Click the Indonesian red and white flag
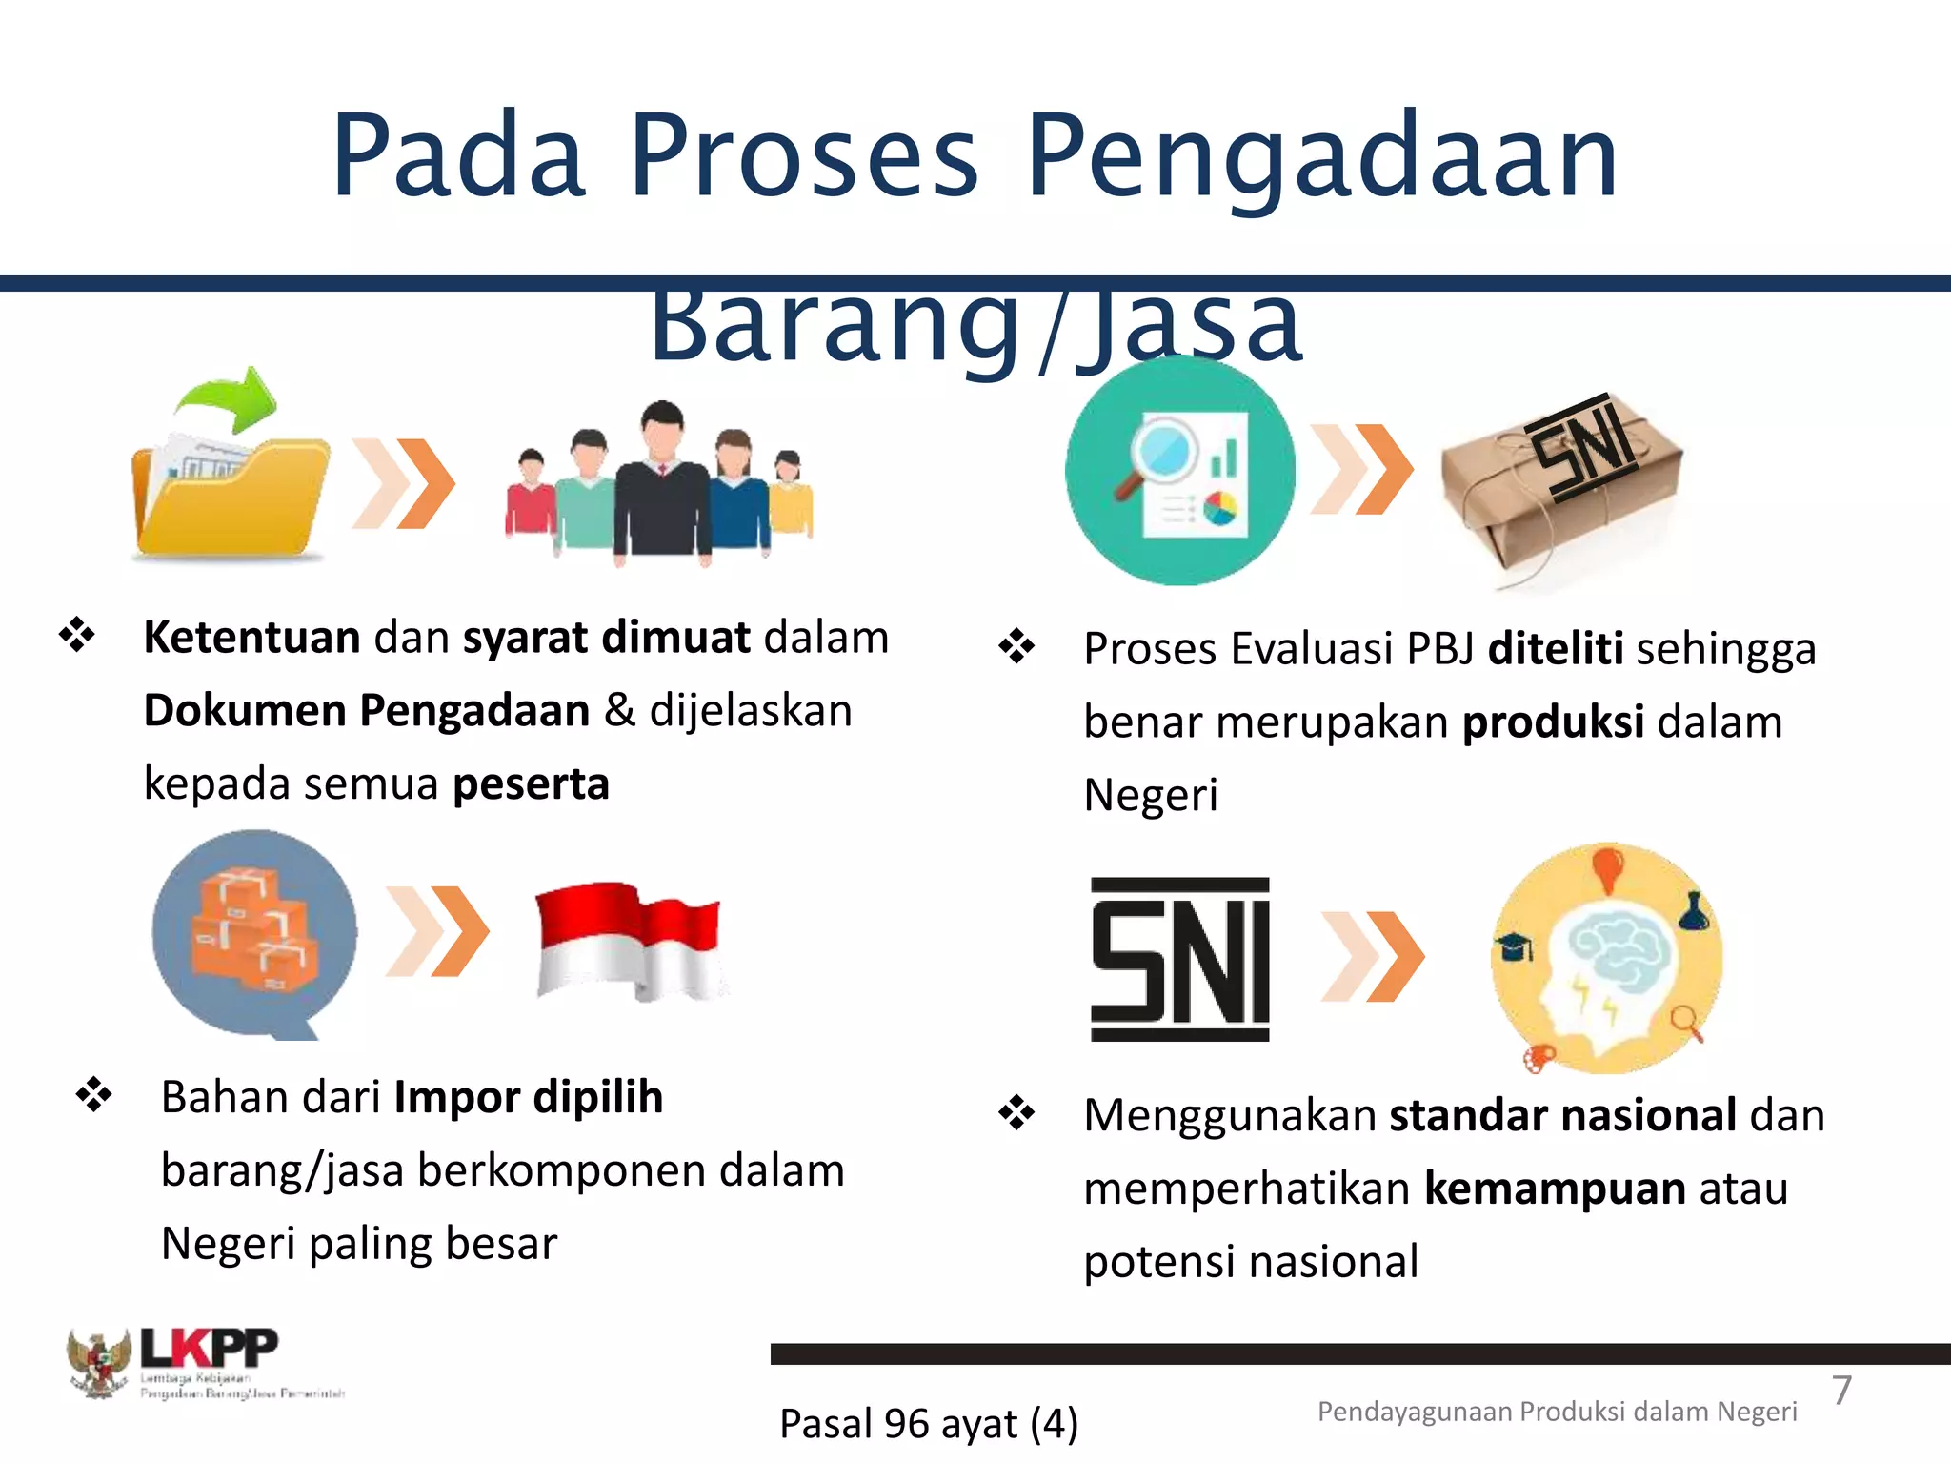629,940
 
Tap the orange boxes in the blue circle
252,929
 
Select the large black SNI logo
1179,959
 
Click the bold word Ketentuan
251,637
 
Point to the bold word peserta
531,784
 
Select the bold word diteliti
1555,649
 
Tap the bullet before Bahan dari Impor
94,1094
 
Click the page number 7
1841,1391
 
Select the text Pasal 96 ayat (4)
928,1424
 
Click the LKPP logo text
210,1348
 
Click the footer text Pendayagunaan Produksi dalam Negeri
1557,1412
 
